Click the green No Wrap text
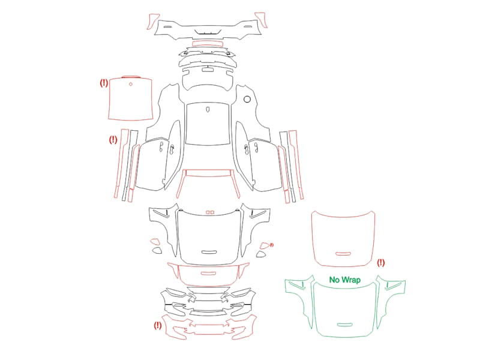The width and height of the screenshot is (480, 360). (x=344, y=280)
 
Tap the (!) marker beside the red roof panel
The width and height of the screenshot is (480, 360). (x=104, y=83)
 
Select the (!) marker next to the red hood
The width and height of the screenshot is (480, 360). (x=380, y=263)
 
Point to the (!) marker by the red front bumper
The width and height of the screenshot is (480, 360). (x=158, y=325)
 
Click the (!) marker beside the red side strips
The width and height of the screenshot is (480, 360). (x=113, y=140)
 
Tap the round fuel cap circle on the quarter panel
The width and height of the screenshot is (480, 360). (x=247, y=99)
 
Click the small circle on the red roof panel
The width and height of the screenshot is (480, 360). (x=131, y=84)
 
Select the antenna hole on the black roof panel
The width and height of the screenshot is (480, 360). (x=208, y=109)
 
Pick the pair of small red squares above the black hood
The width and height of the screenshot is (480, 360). (x=210, y=212)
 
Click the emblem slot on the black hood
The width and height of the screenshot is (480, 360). (x=209, y=252)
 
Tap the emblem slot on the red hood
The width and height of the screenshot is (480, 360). (x=343, y=254)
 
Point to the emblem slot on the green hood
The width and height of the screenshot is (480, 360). (x=344, y=325)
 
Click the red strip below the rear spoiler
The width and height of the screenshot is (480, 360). (x=207, y=44)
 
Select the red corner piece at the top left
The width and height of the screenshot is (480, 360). (x=153, y=21)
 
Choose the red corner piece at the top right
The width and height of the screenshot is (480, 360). (x=261, y=20)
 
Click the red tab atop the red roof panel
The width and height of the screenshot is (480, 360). (x=131, y=77)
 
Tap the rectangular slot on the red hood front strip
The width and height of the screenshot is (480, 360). (x=208, y=273)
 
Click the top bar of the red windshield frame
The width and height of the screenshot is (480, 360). (x=208, y=173)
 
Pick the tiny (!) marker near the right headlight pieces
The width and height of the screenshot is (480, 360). (x=272, y=245)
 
